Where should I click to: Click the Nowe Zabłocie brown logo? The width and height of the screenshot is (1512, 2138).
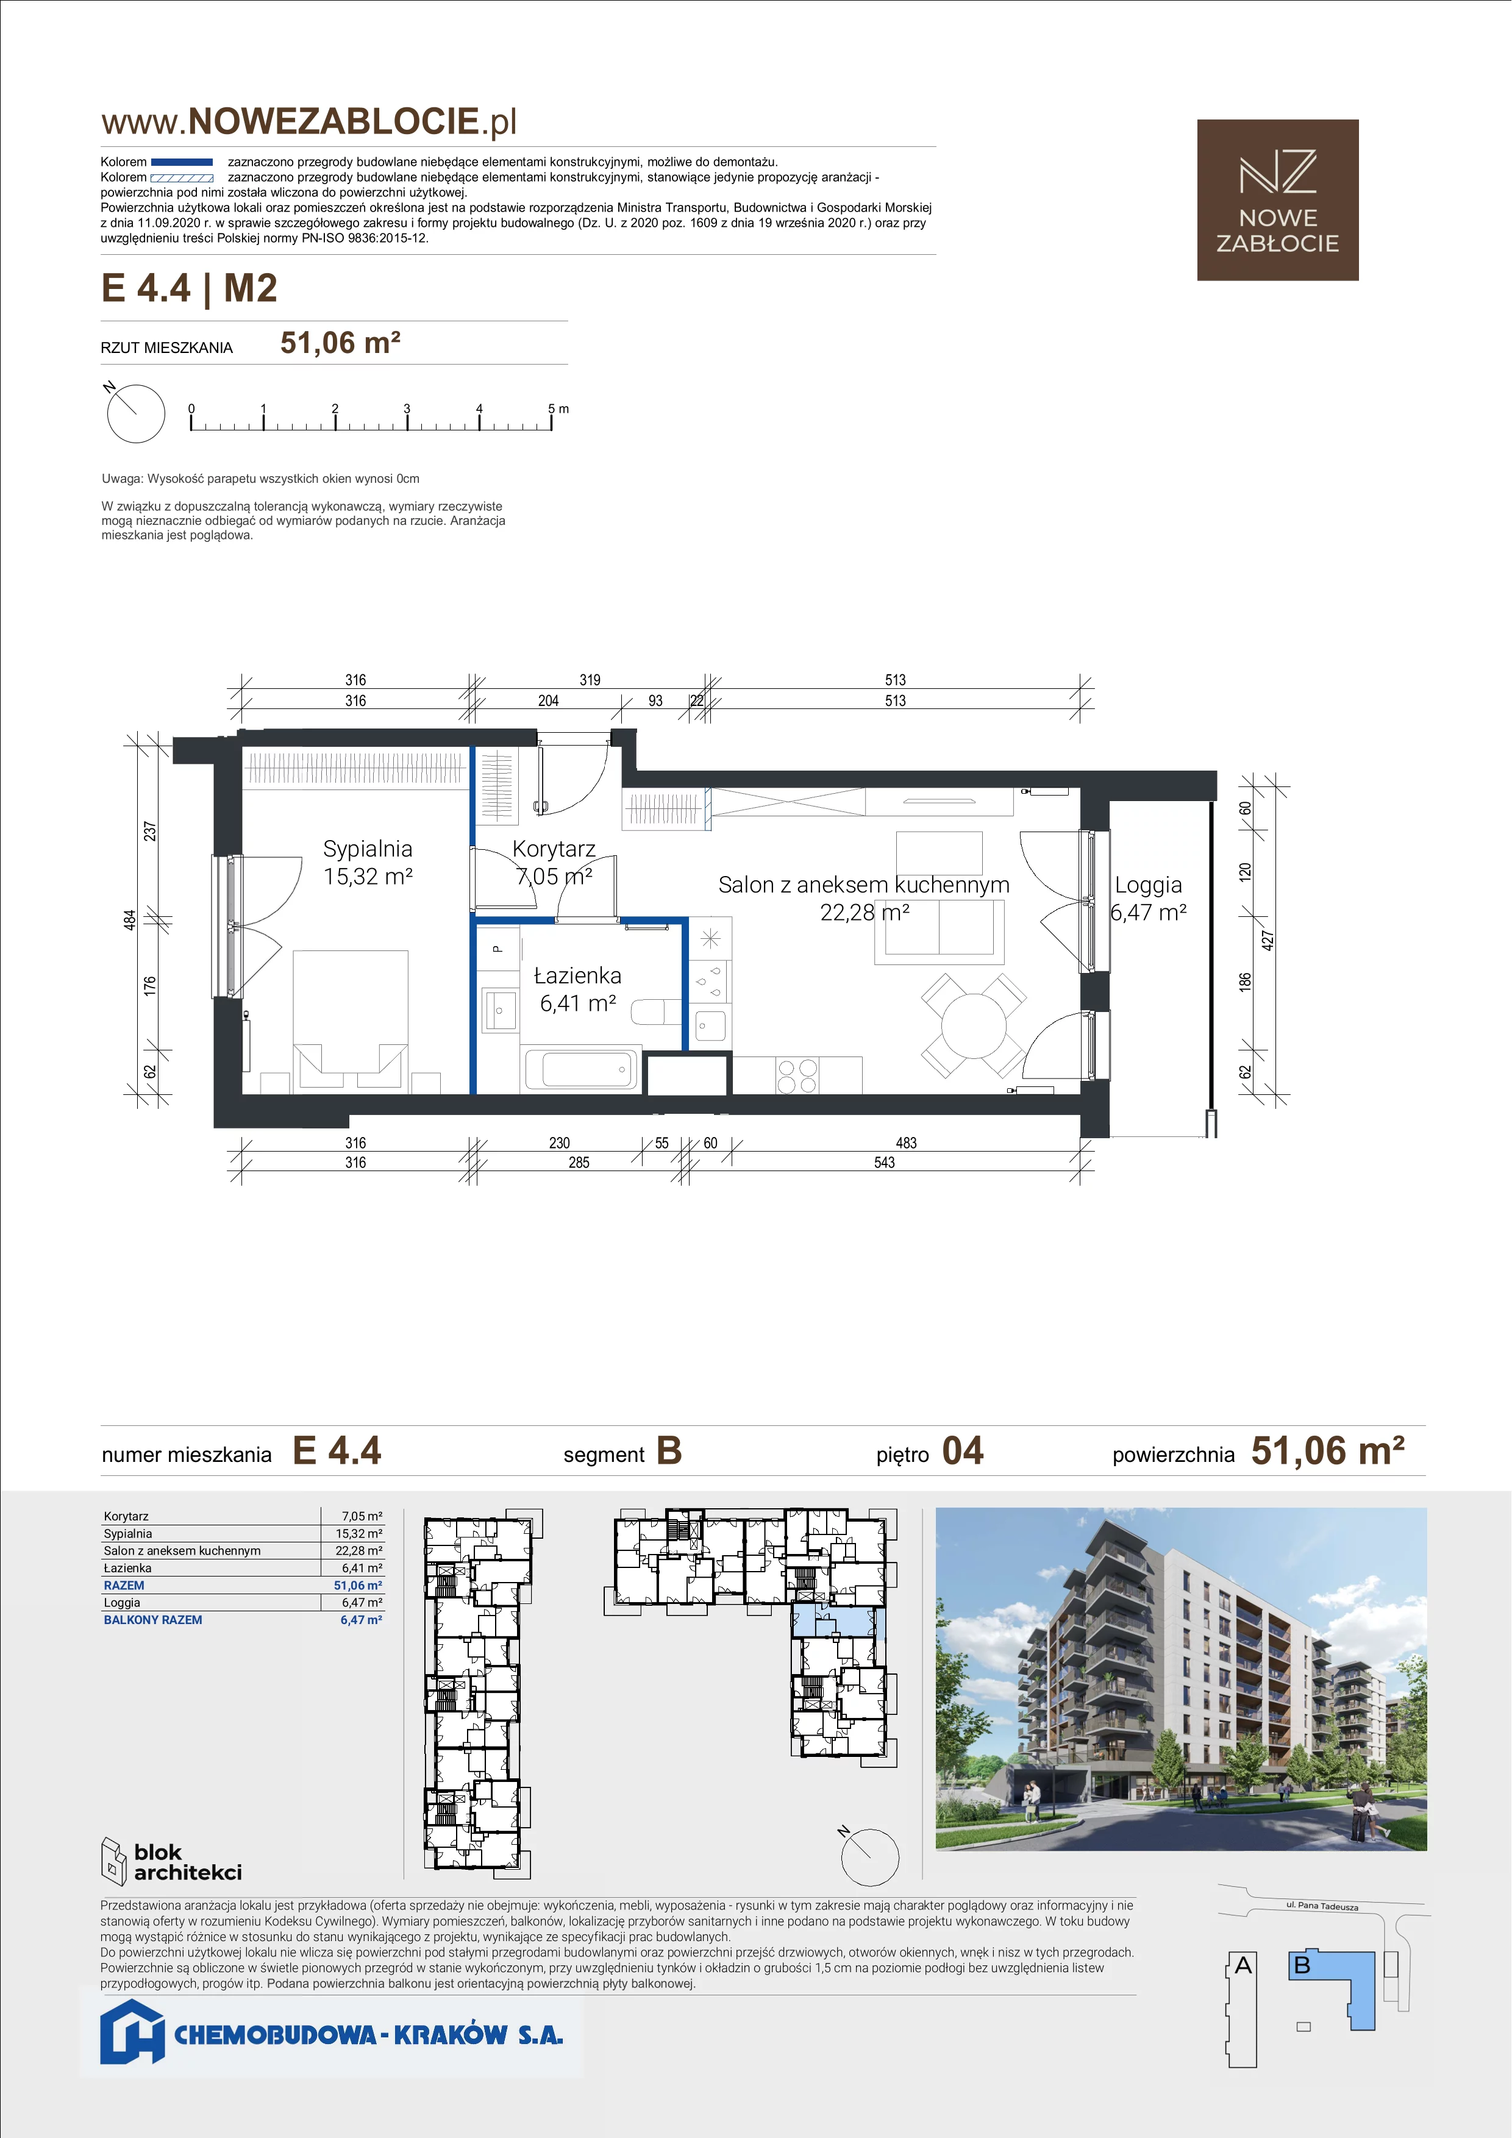1277,200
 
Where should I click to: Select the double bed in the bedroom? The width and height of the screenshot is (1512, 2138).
351,1021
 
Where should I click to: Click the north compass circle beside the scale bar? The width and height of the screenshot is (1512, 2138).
136,413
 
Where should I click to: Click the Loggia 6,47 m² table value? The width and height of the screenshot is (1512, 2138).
362,1603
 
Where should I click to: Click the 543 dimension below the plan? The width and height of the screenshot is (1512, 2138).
885,1162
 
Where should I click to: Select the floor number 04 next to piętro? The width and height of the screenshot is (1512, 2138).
963,1451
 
